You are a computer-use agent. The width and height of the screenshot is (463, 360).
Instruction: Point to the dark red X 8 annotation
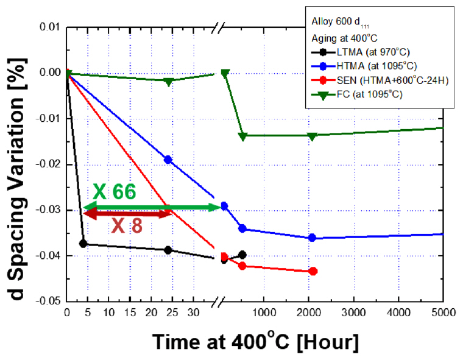tap(127, 226)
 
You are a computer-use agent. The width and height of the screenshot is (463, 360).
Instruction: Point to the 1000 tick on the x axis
tap(262, 312)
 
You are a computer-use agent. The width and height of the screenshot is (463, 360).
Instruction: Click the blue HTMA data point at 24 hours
tap(168, 160)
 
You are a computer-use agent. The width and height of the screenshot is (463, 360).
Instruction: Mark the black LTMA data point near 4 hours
tap(83, 244)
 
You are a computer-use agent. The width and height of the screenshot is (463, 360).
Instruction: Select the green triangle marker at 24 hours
tap(168, 81)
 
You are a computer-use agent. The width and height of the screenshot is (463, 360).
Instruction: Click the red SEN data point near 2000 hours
tap(313, 271)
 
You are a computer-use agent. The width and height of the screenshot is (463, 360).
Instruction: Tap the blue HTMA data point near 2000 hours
tap(313, 238)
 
